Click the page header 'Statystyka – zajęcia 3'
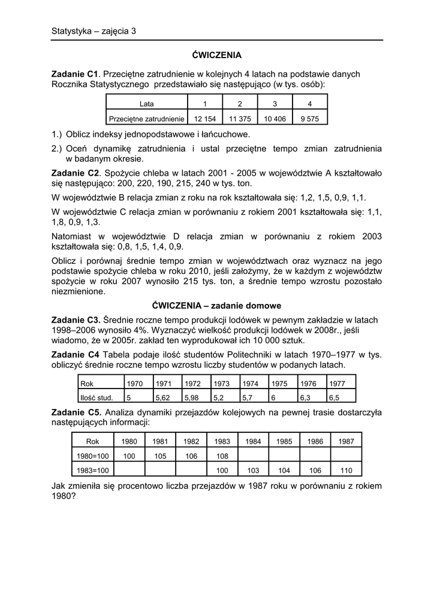click(x=94, y=31)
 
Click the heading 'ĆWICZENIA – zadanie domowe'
click(x=216, y=305)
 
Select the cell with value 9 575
click(x=309, y=119)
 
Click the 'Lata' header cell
click(x=146, y=104)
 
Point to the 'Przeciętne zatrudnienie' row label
click(x=146, y=119)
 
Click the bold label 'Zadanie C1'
click(x=75, y=74)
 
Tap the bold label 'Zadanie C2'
click(x=75, y=173)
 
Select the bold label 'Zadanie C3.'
click(x=76, y=320)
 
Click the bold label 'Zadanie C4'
click(x=75, y=354)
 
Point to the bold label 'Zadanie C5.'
click(x=76, y=413)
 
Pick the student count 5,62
click(x=162, y=396)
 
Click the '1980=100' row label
click(x=92, y=456)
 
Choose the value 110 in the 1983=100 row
click(x=346, y=470)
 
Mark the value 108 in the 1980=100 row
click(x=222, y=456)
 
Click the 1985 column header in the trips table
click(x=284, y=441)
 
